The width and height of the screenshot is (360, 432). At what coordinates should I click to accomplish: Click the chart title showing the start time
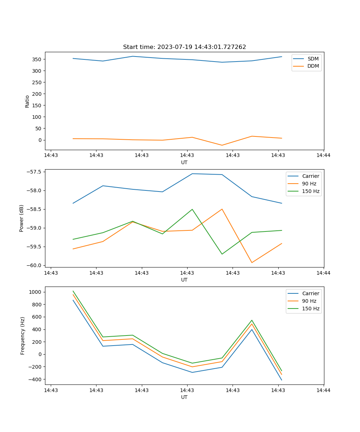point(184,47)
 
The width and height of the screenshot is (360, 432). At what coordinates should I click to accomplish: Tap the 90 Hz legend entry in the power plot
point(309,184)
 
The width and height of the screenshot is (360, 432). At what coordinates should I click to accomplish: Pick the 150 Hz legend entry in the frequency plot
point(311,309)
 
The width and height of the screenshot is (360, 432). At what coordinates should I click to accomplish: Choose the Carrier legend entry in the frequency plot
point(310,293)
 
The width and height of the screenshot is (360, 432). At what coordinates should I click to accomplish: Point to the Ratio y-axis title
point(27,102)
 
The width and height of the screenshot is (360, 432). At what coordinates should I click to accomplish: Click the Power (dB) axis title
point(22,218)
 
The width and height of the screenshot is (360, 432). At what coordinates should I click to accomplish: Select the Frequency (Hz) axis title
point(23,336)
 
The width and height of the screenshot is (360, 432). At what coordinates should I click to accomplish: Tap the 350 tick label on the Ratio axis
point(37,59)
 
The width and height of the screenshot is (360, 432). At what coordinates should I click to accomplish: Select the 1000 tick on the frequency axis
point(36,292)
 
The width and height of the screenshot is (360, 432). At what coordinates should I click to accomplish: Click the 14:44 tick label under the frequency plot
point(323,390)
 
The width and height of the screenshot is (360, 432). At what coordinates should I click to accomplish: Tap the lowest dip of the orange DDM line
point(222,145)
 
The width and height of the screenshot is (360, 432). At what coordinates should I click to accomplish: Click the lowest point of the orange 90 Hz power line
point(252,262)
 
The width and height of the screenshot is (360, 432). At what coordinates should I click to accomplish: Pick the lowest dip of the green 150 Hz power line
point(222,254)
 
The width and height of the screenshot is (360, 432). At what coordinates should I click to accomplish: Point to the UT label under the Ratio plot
point(184,162)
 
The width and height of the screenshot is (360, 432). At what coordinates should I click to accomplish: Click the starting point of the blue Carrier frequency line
point(73,300)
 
